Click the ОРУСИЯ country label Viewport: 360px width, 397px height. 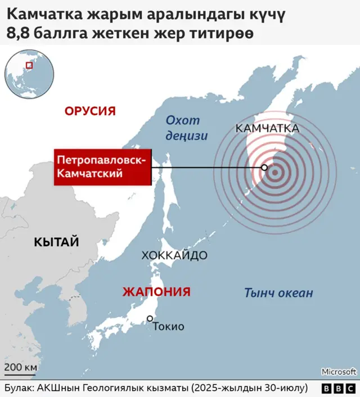coord(90,111)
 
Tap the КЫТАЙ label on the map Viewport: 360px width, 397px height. coord(56,242)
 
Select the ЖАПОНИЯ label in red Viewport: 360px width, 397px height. coord(156,292)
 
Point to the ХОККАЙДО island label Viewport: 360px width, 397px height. coord(174,255)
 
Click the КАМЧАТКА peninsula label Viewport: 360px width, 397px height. coord(267,129)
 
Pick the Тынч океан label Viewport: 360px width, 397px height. coord(278,293)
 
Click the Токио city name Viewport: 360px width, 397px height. coord(169,326)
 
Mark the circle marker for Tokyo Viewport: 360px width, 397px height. coord(150,319)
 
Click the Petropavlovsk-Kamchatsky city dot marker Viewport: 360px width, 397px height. coord(264,167)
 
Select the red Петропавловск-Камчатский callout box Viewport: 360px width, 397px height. coord(102,167)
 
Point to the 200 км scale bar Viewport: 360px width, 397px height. coord(21,371)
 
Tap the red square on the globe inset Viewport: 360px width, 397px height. coord(29,65)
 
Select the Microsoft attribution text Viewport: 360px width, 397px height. coord(339,372)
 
